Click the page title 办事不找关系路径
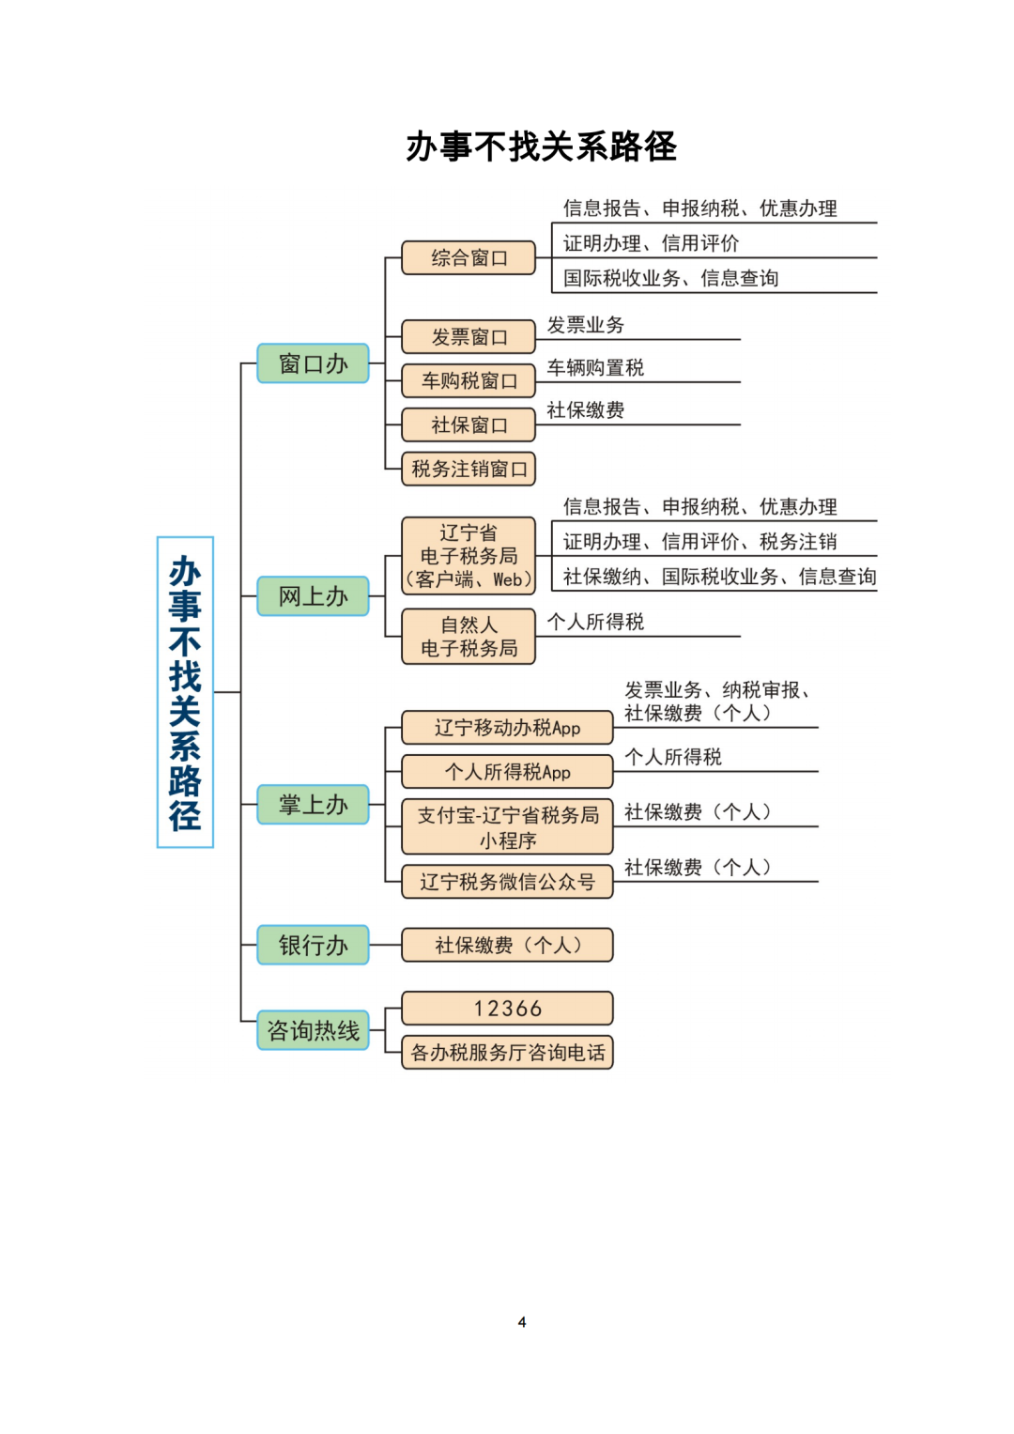(541, 146)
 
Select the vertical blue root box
(185, 692)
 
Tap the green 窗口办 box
(313, 363)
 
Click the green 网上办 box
(313, 596)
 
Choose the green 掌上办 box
(313, 804)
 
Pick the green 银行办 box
(313, 945)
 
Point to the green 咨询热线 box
(313, 1030)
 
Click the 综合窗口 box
(469, 258)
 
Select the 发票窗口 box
(469, 337)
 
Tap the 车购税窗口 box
(469, 381)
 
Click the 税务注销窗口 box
(469, 469)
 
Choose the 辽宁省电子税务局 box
(469, 556)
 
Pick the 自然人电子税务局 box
(469, 637)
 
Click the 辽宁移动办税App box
(507, 727)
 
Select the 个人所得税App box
(507, 771)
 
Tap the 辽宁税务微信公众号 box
(507, 882)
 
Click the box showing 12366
(507, 1009)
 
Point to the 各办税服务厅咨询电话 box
(507, 1053)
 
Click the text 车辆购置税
(595, 367)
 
